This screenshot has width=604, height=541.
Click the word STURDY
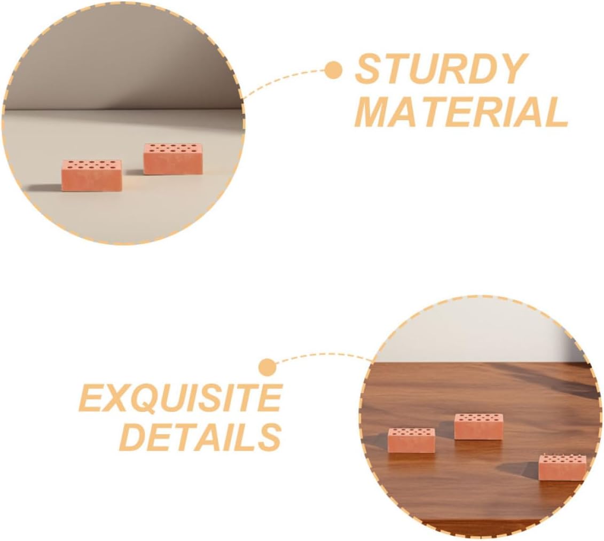(441, 69)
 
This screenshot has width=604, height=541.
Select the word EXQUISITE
(180, 397)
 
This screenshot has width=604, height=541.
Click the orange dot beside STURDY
(334, 70)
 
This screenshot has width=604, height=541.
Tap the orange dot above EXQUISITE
(267, 367)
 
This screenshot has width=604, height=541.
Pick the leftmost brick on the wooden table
(411, 441)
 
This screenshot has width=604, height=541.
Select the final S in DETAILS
(269, 437)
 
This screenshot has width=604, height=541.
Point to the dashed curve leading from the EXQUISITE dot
(320, 354)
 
